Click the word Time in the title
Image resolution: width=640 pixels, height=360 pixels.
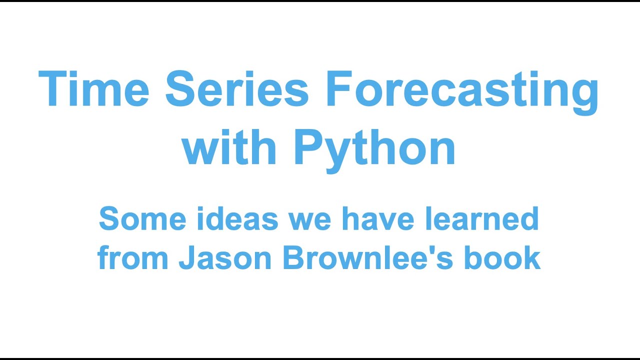tap(93, 89)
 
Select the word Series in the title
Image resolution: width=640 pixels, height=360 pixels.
tap(237, 89)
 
